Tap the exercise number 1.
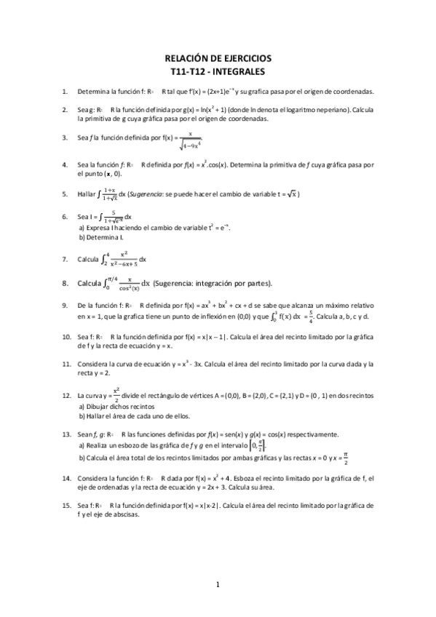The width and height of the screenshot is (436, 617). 65,92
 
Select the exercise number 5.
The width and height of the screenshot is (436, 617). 65,194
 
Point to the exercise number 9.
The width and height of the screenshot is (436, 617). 65,306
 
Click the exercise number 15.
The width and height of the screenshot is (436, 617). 66,503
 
